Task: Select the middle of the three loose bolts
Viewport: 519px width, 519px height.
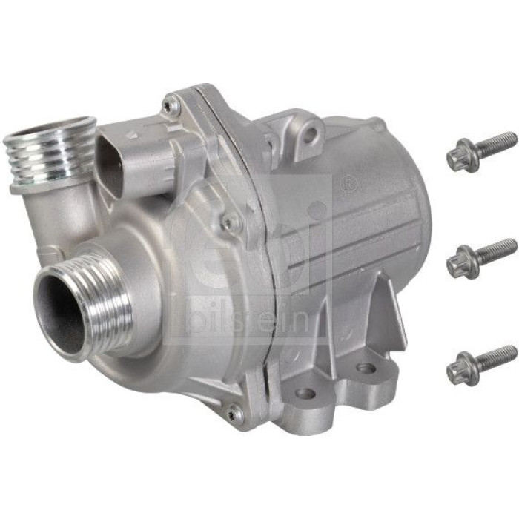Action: click(x=482, y=258)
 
